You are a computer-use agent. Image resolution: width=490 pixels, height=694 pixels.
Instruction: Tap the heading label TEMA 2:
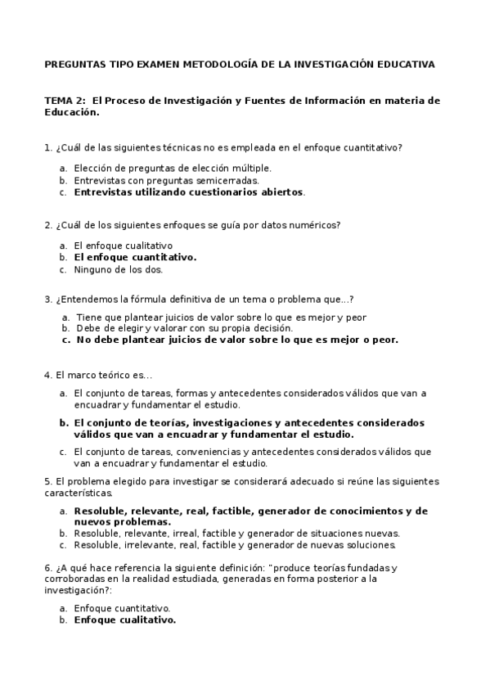pyautogui.click(x=64, y=101)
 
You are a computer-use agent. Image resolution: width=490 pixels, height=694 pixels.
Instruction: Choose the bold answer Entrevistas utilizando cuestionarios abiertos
pyautogui.click(x=188, y=192)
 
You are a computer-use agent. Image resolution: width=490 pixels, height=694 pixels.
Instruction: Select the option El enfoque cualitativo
pyautogui.click(x=123, y=245)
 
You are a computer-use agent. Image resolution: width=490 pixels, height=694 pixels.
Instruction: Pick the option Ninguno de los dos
pyautogui.click(x=118, y=268)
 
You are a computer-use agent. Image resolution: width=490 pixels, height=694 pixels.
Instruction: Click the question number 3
pyautogui.click(x=47, y=299)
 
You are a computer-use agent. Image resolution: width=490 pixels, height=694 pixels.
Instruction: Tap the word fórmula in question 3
pyautogui.click(x=142, y=299)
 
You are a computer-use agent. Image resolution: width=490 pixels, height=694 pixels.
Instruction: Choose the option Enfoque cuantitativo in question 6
pyautogui.click(x=121, y=608)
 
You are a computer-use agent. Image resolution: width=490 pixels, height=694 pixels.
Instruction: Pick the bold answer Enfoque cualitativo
pyautogui.click(x=124, y=620)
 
